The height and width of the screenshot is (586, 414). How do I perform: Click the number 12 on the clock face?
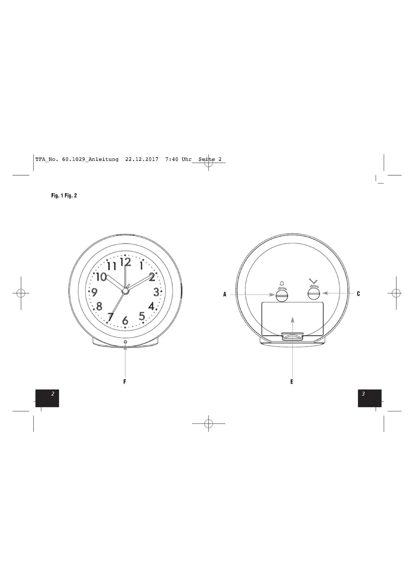point(125,262)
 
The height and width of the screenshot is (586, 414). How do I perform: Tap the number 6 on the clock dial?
point(125,321)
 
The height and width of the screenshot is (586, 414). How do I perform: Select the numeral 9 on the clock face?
point(94,292)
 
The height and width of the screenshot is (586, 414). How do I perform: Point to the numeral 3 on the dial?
point(156,292)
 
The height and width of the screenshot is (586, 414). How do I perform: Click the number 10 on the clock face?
point(101,277)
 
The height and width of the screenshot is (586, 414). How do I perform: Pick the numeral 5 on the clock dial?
point(142,316)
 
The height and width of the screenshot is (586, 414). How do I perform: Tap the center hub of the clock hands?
point(125,291)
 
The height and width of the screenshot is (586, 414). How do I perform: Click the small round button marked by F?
point(125,342)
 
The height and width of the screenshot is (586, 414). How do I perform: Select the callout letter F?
point(125,382)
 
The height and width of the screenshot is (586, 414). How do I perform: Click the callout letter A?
point(225,294)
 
